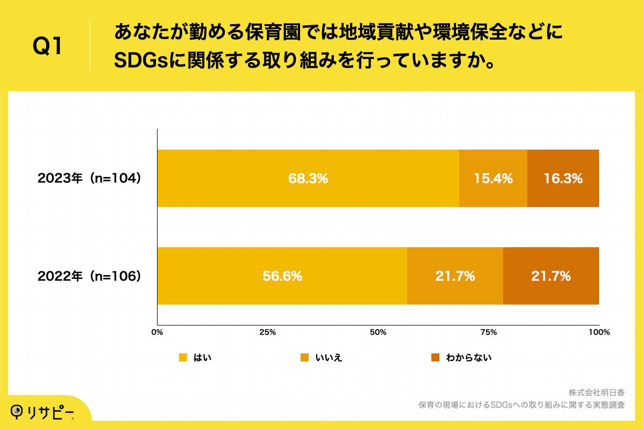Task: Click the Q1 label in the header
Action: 48,47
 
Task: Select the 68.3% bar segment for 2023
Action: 308,179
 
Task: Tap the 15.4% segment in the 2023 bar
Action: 493,179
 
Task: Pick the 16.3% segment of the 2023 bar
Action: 563,179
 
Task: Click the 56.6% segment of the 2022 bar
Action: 282,276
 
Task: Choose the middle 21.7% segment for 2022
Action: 455,276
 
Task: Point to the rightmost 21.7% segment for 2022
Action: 551,276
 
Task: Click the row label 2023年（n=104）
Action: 89,179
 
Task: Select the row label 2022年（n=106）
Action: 89,276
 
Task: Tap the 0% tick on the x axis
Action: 157,332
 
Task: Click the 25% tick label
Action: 267,332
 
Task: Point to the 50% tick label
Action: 378,332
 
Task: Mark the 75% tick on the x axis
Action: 489,332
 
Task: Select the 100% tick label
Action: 599,332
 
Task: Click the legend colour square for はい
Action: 183,358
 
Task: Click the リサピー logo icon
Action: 18,411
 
